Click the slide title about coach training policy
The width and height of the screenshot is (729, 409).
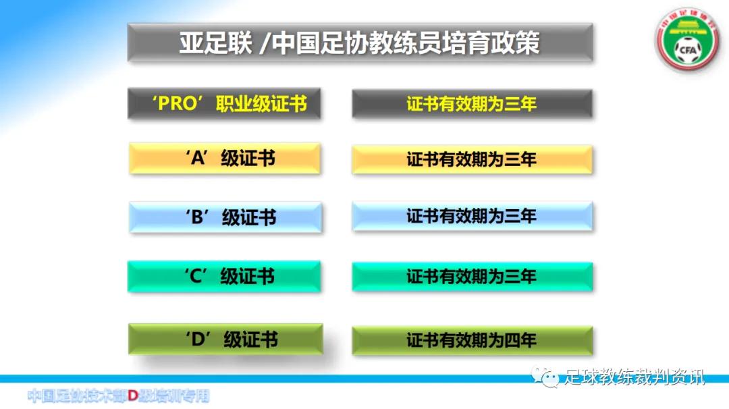tap(360, 43)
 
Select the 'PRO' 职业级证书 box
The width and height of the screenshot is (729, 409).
tap(224, 104)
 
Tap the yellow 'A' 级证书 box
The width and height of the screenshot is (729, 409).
tap(224, 159)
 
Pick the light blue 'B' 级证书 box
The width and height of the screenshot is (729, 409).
tap(225, 217)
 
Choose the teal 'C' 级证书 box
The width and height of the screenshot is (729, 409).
tap(224, 276)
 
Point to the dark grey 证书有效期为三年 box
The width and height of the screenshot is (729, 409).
tap(472, 104)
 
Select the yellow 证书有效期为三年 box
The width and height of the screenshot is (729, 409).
tap(472, 160)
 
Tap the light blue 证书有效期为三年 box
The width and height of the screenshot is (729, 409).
tap(472, 217)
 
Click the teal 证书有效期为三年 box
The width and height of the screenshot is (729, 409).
tap(472, 276)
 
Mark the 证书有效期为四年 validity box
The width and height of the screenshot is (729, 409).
tap(472, 340)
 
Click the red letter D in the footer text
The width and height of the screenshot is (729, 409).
tap(134, 395)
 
